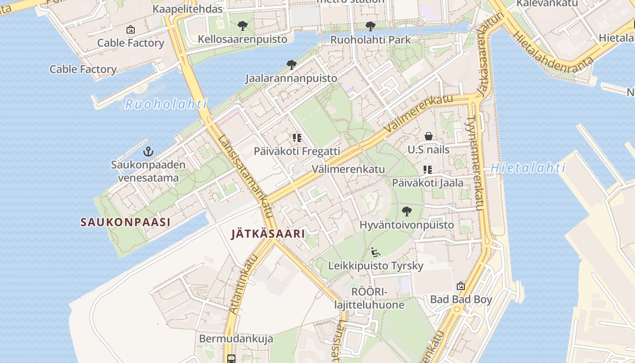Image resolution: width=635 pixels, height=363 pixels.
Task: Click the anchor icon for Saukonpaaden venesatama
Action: [148, 152]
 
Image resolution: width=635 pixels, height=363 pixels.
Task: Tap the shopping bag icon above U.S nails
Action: [428, 136]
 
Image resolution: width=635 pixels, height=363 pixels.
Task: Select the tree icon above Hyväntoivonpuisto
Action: [406, 211]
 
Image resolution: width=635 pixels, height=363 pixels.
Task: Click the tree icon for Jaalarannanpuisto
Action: [291, 65]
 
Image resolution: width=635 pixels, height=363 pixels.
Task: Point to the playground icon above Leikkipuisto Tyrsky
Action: [375, 252]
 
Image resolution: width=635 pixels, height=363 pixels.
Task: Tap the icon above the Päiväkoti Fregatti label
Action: [297, 137]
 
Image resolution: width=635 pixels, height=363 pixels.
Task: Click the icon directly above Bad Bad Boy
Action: [461, 286]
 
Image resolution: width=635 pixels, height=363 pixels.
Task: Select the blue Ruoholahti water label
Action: [166, 104]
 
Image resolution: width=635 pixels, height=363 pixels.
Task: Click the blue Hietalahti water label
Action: [528, 168]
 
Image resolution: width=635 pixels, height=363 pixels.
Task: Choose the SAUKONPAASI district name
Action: [125, 222]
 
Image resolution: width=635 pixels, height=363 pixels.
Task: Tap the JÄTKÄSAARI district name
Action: [268, 234]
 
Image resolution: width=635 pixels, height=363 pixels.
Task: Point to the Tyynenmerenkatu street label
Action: [475, 163]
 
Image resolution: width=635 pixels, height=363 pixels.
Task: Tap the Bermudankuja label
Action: [236, 339]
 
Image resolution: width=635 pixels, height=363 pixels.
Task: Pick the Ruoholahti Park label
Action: [370, 39]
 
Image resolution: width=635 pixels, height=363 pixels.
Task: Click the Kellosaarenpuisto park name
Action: [242, 39]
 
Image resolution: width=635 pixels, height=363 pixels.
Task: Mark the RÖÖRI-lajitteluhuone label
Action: [369, 298]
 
